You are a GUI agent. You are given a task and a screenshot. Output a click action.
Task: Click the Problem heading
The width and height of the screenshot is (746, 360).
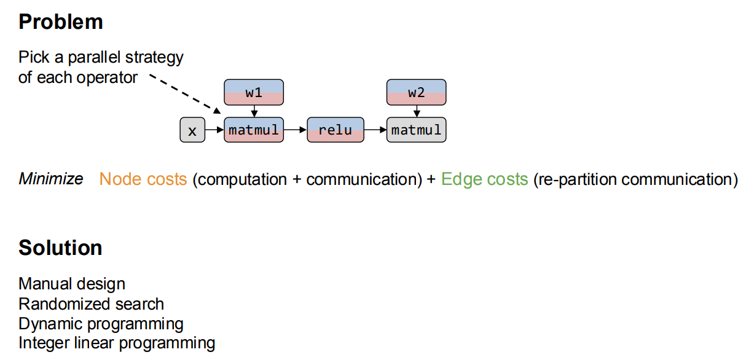(61, 22)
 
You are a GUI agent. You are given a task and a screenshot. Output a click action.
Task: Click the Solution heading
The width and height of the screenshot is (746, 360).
(60, 248)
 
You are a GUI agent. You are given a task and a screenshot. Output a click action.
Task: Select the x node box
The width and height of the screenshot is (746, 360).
(192, 130)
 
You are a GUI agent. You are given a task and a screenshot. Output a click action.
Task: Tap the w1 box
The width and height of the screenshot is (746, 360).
(254, 92)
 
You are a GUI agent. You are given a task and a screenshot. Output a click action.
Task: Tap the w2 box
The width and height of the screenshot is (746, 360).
(416, 92)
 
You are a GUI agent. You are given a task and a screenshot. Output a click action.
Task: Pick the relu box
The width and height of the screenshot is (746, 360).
(335, 130)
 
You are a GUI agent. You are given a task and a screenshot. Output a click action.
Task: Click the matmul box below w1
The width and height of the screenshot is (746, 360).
(254, 130)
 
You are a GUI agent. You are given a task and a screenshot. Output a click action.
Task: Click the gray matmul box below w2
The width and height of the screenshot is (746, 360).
(416, 130)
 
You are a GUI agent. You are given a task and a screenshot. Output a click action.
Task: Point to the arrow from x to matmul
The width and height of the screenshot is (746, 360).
(214, 130)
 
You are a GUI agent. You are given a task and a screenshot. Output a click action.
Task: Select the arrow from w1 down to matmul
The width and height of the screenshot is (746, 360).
(254, 111)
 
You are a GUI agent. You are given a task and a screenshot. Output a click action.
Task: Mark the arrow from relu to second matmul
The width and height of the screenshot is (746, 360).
(375, 130)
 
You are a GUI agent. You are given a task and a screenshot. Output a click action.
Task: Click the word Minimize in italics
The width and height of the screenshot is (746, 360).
(51, 179)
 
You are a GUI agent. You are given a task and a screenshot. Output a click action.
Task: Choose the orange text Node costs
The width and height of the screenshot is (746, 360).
(143, 179)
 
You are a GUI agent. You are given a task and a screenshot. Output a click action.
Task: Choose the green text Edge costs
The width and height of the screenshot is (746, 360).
(484, 179)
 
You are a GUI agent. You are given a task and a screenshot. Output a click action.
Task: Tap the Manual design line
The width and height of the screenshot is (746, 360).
(72, 284)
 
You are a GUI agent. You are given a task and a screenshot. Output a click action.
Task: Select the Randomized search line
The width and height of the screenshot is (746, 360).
(92, 304)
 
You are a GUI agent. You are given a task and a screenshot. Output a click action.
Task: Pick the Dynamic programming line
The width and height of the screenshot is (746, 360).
(101, 324)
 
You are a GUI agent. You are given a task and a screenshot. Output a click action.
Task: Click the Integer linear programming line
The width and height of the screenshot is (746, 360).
(117, 343)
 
